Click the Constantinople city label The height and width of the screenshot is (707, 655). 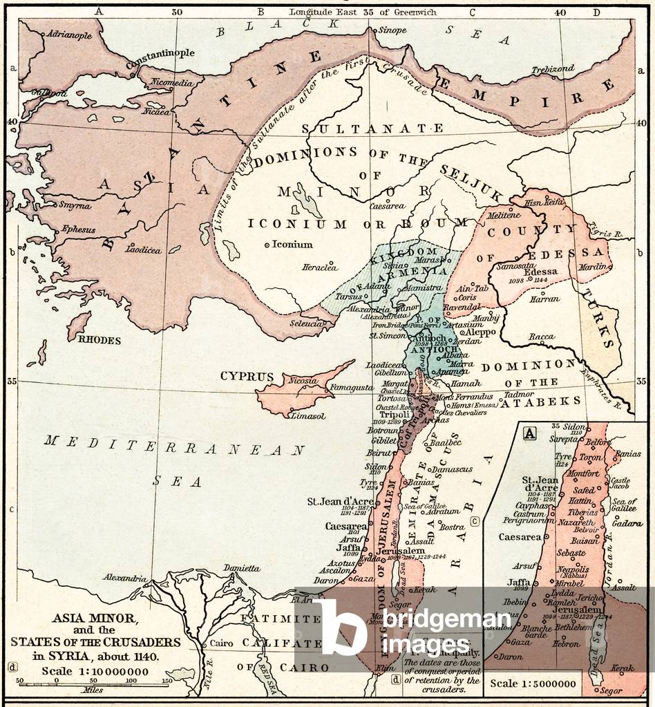162,53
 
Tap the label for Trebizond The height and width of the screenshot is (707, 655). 552,70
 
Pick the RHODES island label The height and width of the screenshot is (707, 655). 99,340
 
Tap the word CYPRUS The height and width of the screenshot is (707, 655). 243,377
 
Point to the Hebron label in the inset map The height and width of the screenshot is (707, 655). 566,643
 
